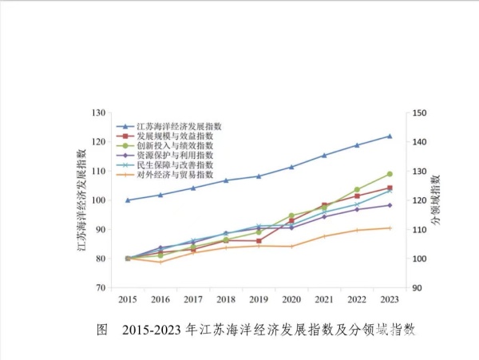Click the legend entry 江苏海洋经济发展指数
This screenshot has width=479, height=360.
click(x=179, y=126)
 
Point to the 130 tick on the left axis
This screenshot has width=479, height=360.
click(x=100, y=113)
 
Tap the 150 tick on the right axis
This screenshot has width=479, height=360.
click(x=420, y=113)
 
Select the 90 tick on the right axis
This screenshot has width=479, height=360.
click(x=418, y=287)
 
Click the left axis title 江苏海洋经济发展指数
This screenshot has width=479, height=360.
click(x=81, y=200)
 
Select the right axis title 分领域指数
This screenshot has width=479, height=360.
click(x=437, y=200)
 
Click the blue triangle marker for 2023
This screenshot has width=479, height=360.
click(x=390, y=136)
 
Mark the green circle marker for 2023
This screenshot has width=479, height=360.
click(x=390, y=174)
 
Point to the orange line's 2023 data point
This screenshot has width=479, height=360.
click(x=390, y=228)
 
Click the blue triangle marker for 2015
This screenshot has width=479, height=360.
click(x=128, y=200)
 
